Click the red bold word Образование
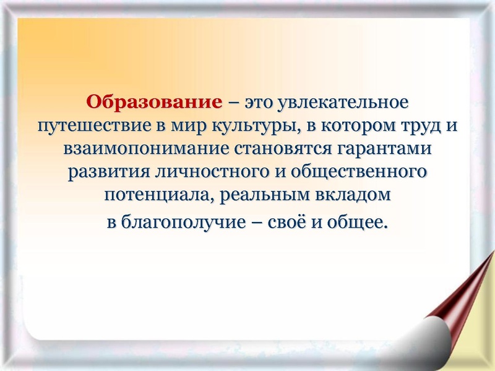(x=154, y=101)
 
